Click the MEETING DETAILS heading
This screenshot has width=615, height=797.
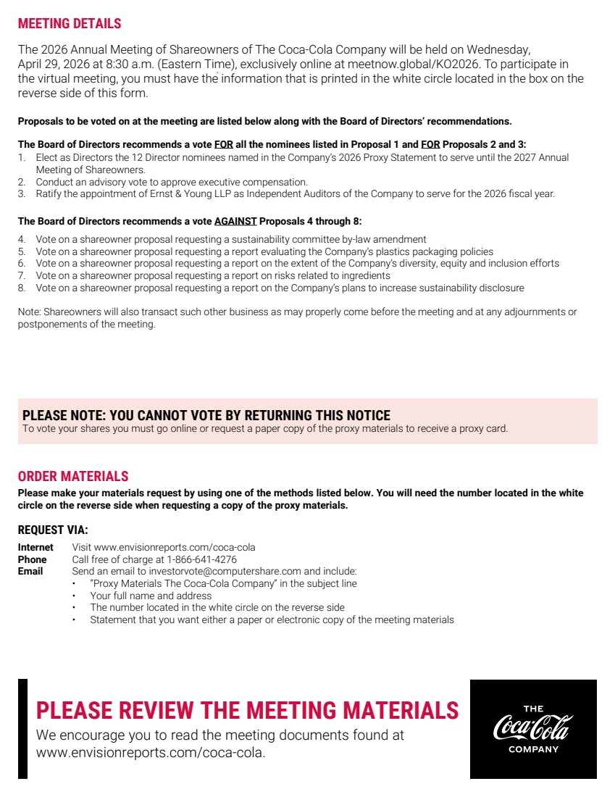point(70,24)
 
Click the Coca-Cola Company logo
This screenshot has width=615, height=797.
point(533,729)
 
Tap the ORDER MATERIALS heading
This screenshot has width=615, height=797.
point(73,476)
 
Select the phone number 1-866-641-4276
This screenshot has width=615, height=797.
point(201,559)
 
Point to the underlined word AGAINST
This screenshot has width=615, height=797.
point(235,221)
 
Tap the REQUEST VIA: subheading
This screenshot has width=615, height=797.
point(53,530)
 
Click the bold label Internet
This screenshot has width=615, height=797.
point(35,548)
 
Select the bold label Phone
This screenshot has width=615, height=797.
point(32,559)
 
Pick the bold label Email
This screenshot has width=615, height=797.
point(30,572)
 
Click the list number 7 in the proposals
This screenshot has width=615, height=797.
point(21,276)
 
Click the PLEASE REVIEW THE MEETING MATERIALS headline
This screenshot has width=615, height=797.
point(247,710)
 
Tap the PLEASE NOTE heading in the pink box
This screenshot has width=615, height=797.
point(206,415)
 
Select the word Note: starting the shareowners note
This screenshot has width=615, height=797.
point(30,312)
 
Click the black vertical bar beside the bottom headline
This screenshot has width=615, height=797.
point(22,729)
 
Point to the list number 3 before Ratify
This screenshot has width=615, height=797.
point(21,194)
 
